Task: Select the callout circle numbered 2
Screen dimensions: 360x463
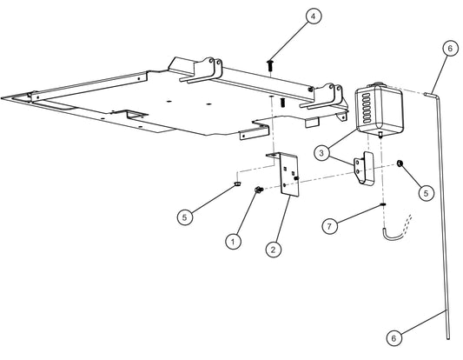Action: click(274, 250)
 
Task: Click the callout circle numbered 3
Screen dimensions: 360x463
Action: click(322, 153)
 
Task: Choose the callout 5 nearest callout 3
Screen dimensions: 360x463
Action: click(426, 194)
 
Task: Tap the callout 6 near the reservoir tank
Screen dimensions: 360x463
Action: click(448, 49)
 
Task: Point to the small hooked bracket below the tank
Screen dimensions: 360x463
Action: click(363, 170)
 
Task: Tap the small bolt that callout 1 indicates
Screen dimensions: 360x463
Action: click(258, 190)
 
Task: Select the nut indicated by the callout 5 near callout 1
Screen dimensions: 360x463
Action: click(236, 183)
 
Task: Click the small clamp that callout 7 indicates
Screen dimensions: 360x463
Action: click(382, 205)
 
